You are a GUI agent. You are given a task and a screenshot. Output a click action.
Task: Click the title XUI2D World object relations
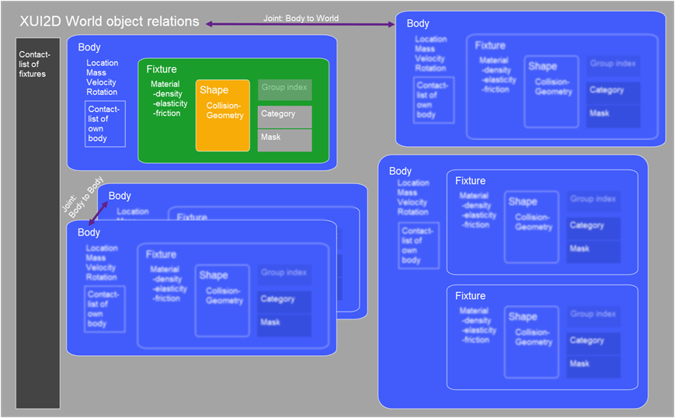(x=109, y=22)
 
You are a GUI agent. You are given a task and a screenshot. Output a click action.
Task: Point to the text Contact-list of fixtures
(x=33, y=64)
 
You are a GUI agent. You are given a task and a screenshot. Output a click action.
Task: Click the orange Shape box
(x=222, y=115)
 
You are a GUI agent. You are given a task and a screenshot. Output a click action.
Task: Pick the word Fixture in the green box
(x=162, y=69)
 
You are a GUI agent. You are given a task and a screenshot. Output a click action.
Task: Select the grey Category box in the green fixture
(x=284, y=116)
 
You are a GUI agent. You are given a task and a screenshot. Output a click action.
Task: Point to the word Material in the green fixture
(x=165, y=84)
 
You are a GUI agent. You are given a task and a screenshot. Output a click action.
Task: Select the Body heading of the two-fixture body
(x=400, y=171)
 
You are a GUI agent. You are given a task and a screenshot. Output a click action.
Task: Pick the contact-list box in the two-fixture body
(x=419, y=246)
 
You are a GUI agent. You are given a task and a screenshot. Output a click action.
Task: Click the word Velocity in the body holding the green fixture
(x=102, y=82)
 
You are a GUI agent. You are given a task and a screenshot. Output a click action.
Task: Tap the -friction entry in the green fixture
(x=166, y=113)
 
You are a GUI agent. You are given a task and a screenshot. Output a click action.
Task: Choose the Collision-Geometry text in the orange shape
(x=224, y=111)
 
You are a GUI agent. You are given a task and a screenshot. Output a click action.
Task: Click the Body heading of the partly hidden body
(x=120, y=196)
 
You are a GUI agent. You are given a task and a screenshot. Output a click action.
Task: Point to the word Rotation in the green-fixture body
(x=102, y=92)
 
